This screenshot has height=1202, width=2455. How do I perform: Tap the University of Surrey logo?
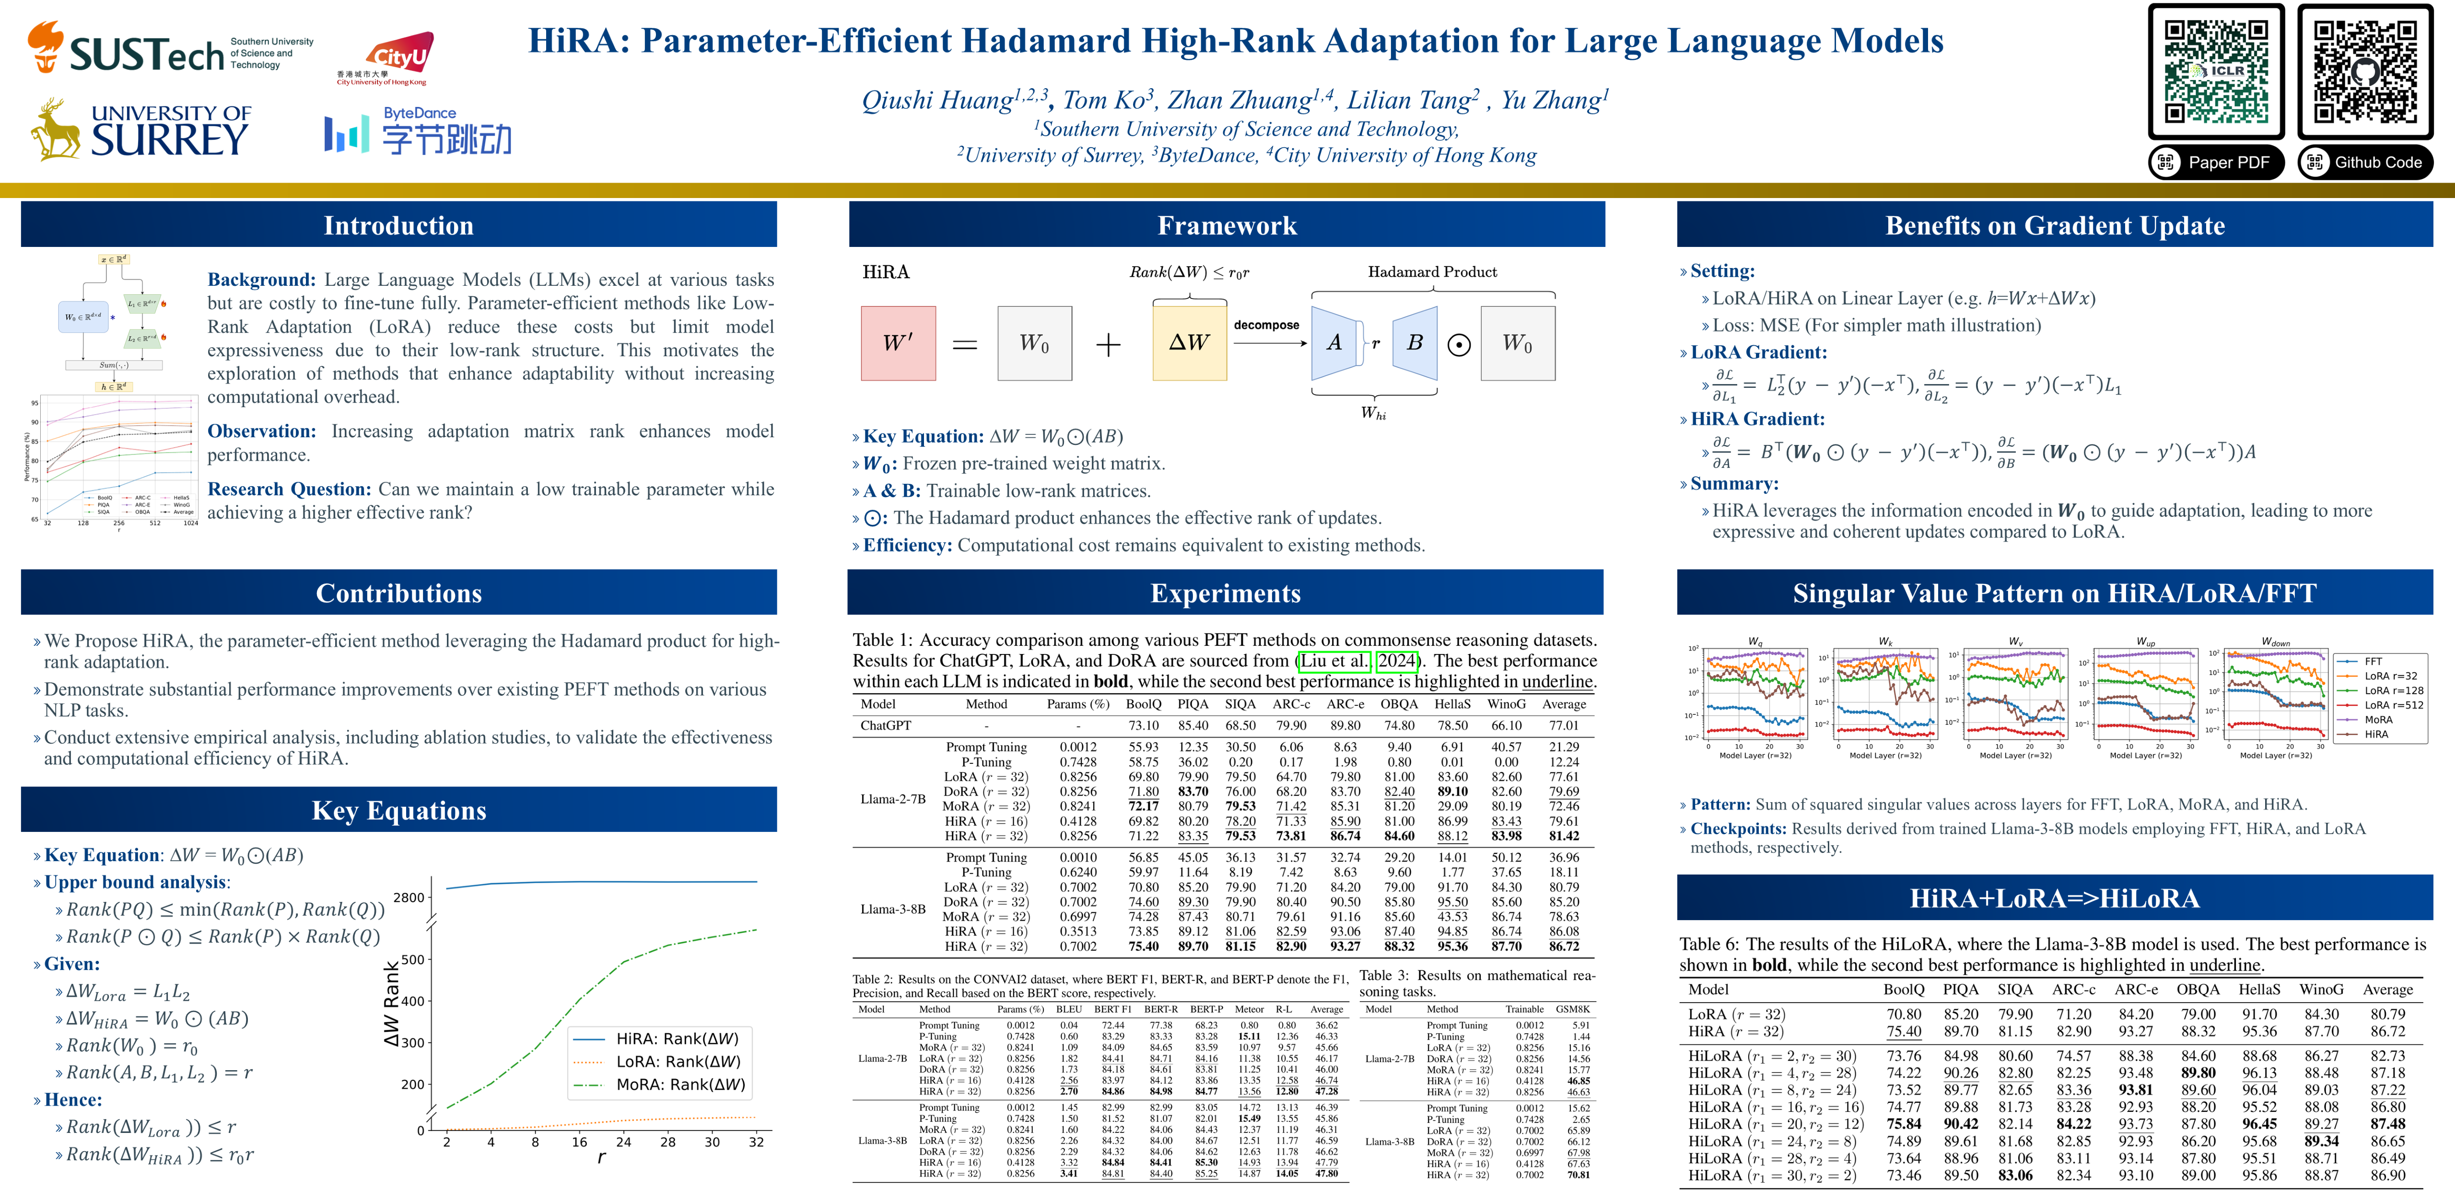pyautogui.click(x=141, y=130)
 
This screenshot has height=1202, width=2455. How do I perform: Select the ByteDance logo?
pyautogui.click(x=418, y=131)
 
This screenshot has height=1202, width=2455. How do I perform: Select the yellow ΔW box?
pyautogui.click(x=1189, y=343)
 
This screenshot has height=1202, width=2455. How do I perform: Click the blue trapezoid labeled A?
pyautogui.click(x=1334, y=343)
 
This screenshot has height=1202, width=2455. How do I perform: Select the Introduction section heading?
pyautogui.click(x=398, y=225)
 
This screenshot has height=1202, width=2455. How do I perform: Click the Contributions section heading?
pyautogui.click(x=398, y=593)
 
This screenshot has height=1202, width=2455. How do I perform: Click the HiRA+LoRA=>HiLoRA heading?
pyautogui.click(x=2055, y=898)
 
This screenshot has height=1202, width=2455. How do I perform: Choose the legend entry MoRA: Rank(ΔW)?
pyautogui.click(x=678, y=1085)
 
